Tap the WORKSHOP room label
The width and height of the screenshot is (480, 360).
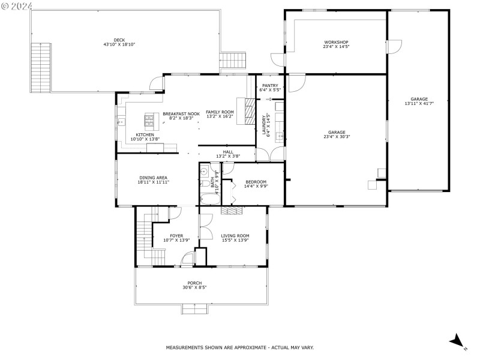[x=336, y=42]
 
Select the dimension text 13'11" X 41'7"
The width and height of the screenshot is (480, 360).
[x=419, y=103]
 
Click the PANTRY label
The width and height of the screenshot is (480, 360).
[x=270, y=86]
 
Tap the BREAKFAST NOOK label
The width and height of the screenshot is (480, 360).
[x=181, y=113]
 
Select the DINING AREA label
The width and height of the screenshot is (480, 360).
[x=153, y=178]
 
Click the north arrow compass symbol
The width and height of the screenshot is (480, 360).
[x=457, y=340]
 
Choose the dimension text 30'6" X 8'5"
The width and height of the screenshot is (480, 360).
[x=194, y=287]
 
